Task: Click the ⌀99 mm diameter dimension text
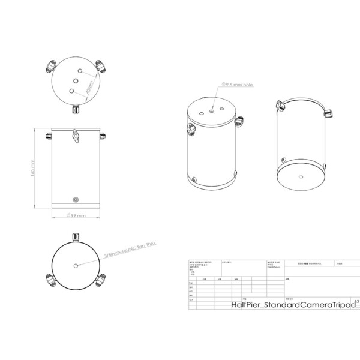[75, 215]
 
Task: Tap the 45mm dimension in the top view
[89, 90]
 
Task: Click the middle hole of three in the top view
[77, 80]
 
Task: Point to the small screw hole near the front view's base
[75, 199]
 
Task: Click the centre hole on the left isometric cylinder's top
[212, 109]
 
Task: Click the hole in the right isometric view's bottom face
[301, 177]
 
